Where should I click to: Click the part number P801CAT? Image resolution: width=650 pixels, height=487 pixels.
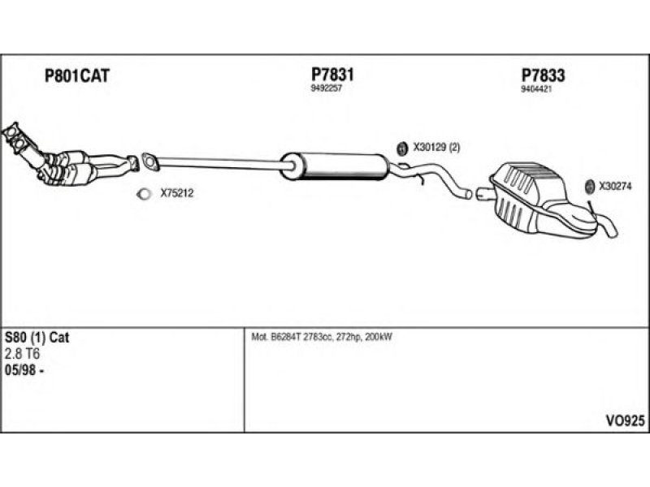point(76,76)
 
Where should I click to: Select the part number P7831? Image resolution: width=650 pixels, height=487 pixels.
point(333,74)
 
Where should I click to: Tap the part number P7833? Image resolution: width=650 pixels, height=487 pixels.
point(543,75)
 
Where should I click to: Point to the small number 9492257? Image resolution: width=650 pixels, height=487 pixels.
point(326,88)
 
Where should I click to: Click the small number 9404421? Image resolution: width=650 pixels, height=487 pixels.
point(536,90)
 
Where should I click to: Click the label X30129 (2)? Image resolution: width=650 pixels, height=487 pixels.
point(436,148)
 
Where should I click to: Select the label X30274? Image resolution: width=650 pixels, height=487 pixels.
point(617,185)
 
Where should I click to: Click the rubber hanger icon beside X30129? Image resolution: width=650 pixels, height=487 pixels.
point(401,148)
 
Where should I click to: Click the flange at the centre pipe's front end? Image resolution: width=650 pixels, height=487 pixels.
point(149,162)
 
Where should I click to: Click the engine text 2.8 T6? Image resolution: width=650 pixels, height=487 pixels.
point(24,353)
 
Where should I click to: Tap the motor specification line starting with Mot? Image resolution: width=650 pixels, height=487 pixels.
point(323,337)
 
